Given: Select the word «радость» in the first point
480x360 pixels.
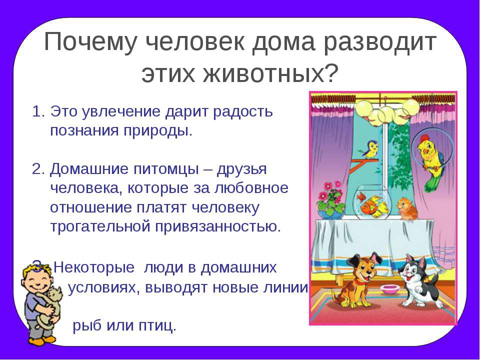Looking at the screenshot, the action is click(243, 111).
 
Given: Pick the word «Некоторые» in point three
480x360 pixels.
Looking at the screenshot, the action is click(94, 267).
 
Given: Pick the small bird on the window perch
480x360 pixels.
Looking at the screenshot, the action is click(370, 149).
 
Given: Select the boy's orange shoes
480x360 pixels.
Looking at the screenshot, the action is click(41, 340).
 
